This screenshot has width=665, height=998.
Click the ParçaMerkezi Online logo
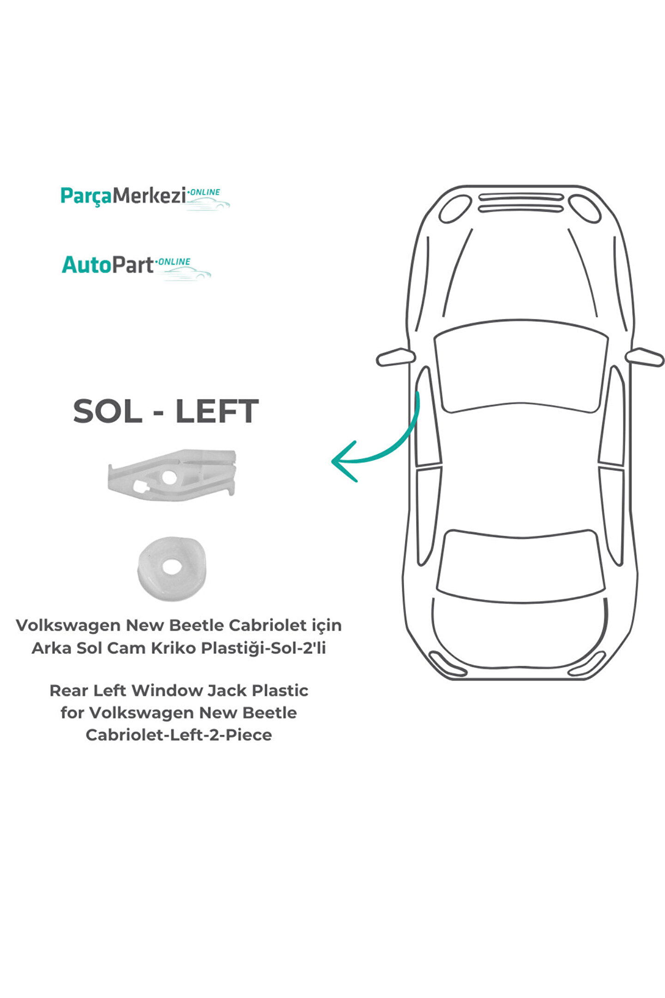tap(144, 198)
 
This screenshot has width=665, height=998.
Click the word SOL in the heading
tap(107, 411)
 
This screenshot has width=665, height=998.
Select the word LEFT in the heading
tap(217, 411)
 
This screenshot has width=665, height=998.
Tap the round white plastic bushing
tap(172, 568)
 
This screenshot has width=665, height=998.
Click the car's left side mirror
tap(395, 357)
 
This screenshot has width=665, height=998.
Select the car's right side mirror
tap(645, 357)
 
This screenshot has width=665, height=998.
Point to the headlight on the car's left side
tap(455, 209)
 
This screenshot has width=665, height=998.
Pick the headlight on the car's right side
tap(585, 209)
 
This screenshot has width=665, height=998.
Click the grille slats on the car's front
tap(520, 203)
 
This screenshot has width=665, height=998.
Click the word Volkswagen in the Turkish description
tap(68, 626)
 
